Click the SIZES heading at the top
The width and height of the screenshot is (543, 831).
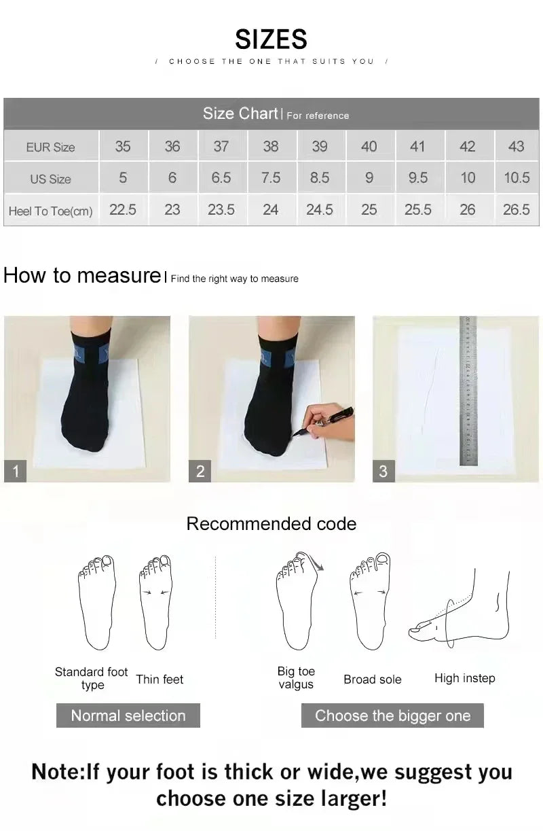coord(271,39)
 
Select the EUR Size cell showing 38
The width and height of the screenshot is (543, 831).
coord(270,146)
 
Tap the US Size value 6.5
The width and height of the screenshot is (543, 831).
coord(221,178)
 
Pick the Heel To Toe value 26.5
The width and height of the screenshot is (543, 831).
coord(516,210)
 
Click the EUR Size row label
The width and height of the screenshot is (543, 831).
coord(50,147)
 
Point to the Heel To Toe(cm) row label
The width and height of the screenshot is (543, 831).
coord(50,211)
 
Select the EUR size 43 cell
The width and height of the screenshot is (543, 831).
coord(516,146)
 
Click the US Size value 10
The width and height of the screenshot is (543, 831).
coord(468,178)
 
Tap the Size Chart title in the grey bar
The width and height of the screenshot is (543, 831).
coord(240,113)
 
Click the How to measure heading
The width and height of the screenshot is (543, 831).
coord(81,275)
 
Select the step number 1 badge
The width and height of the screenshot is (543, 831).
coord(16,471)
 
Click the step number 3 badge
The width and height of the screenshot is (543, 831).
coord(383,471)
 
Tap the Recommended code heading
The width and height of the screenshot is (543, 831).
coord(271,524)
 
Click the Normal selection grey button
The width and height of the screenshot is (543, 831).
coord(128,715)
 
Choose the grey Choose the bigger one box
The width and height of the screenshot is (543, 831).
coord(392,715)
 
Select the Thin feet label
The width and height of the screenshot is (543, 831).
coord(160,679)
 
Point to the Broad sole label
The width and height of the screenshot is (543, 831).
coord(373,679)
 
